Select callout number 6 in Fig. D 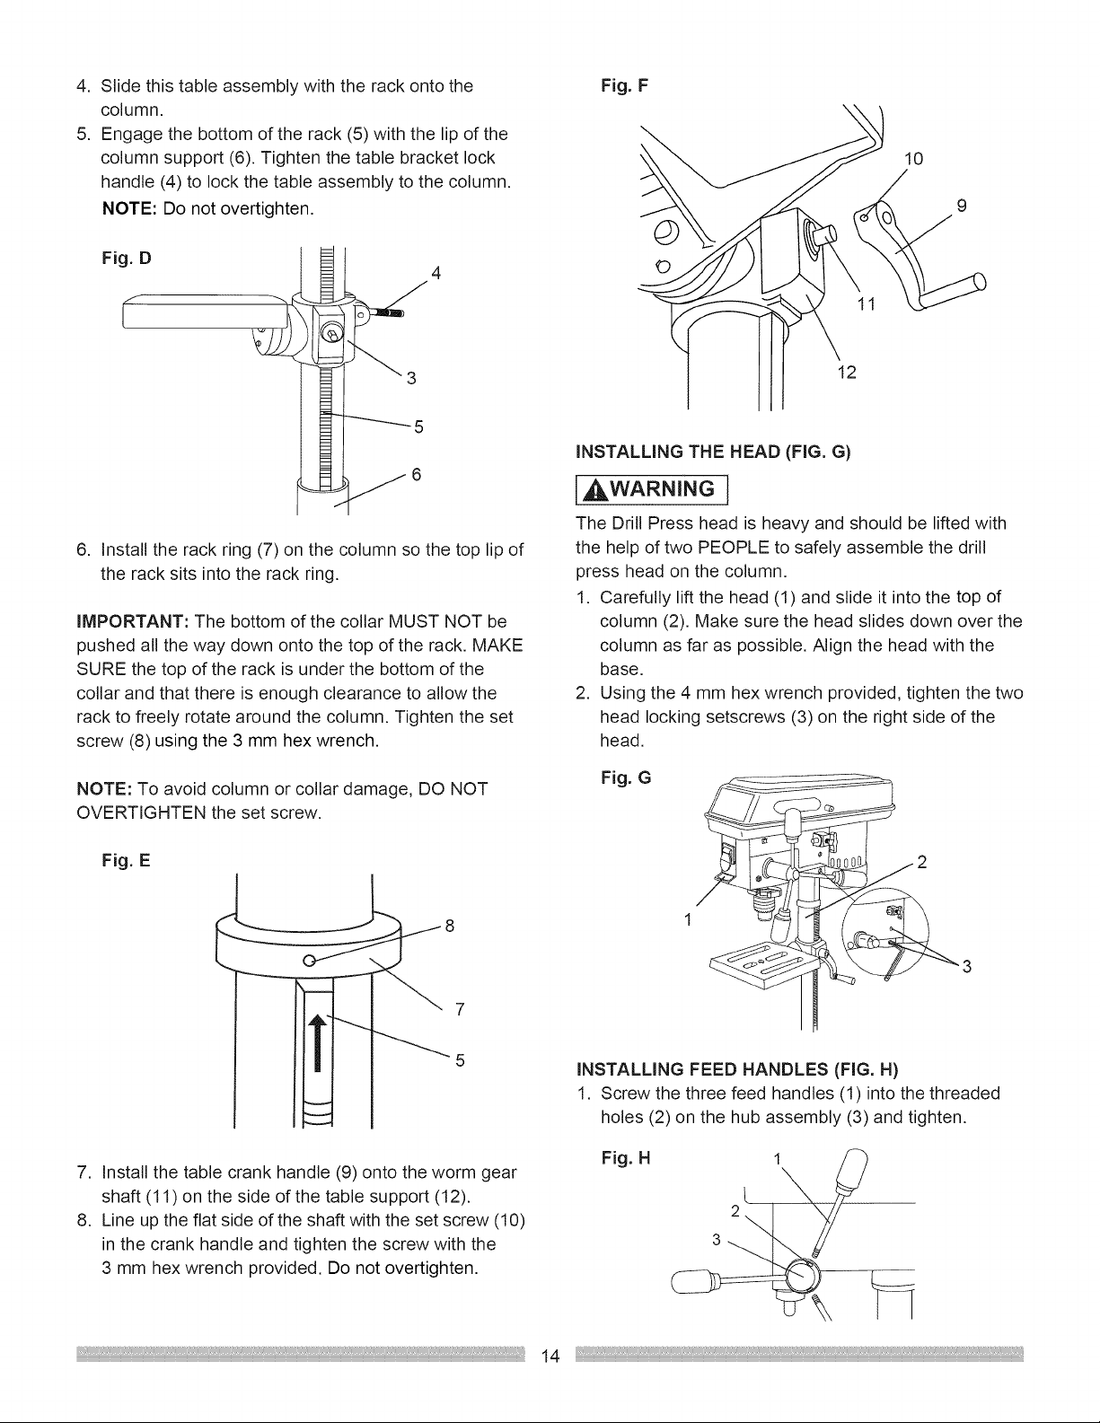point(417,473)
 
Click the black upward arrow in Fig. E point(315,1050)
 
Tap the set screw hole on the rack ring point(308,961)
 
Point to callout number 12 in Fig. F point(849,373)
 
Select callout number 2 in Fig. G point(922,864)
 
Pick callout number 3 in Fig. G point(967,967)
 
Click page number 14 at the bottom point(550,1357)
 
